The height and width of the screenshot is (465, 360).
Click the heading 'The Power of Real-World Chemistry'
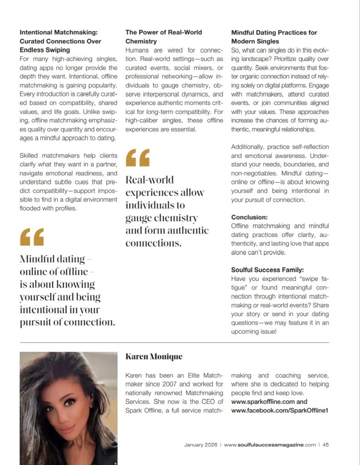(164, 37)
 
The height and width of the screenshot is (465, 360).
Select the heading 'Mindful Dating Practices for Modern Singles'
(274, 37)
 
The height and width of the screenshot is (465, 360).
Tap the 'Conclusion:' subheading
(249, 217)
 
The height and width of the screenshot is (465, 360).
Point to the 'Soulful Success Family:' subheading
(267, 270)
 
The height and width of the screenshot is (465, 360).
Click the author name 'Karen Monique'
(154, 357)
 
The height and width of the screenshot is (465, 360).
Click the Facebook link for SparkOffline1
(280, 411)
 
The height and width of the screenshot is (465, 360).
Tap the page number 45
(325, 445)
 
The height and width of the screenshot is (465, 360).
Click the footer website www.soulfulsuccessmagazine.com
(270, 445)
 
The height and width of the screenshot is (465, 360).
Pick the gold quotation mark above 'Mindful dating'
(32, 237)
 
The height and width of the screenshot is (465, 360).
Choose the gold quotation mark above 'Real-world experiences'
(137, 157)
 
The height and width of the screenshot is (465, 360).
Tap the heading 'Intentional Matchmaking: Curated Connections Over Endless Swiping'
(60, 41)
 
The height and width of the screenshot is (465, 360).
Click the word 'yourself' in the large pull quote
(38, 297)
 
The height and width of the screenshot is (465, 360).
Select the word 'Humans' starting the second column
(137, 50)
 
